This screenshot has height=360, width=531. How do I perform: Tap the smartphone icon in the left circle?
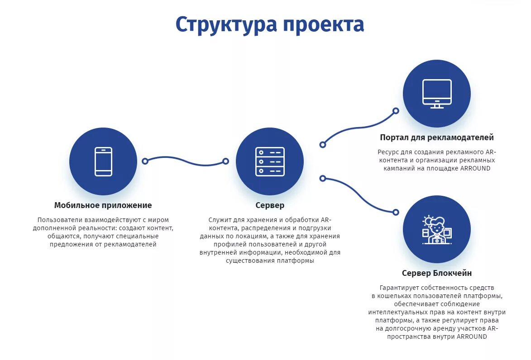coord(103,161)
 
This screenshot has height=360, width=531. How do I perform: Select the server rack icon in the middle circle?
coord(270,161)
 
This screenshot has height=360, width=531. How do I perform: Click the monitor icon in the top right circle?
coord(437,94)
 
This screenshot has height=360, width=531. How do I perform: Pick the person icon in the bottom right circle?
coord(436,230)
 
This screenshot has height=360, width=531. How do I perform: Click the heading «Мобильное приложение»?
coord(103,205)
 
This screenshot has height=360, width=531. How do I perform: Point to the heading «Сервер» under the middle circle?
coord(270,205)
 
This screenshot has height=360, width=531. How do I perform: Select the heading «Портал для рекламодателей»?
coord(437,137)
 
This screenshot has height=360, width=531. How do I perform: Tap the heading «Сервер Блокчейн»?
coord(437,273)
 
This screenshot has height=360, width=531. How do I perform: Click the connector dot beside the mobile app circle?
coord(145,161)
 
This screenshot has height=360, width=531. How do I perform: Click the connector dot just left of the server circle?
coord(225,161)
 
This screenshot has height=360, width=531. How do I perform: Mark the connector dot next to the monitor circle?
coord(396,111)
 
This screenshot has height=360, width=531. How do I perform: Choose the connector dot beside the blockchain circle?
coord(396,212)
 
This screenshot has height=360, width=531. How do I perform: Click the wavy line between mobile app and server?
coord(186,161)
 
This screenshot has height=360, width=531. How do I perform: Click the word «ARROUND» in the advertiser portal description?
coord(475,168)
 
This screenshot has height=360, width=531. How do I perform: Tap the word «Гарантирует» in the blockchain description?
coord(399,288)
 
